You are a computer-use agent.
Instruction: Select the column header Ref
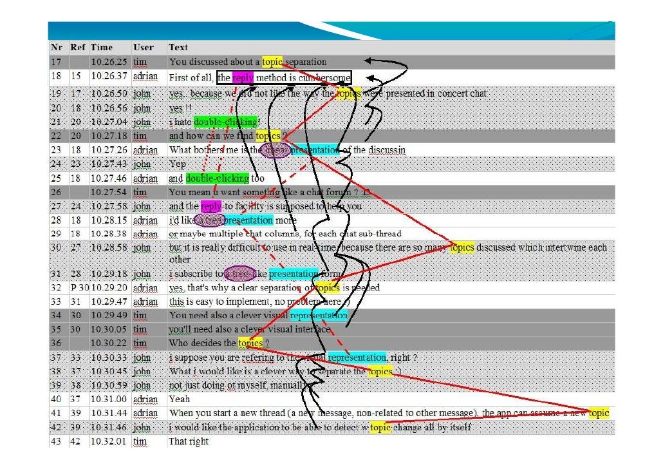[77, 48]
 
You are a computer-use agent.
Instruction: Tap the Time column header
[102, 48]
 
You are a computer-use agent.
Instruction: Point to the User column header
[143, 48]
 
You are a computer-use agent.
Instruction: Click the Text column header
[178, 48]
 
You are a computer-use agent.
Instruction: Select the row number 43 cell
[56, 442]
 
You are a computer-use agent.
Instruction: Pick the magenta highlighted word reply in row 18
[243, 78]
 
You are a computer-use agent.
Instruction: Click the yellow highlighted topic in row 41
[599, 413]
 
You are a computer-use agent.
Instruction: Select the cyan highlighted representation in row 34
[319, 316]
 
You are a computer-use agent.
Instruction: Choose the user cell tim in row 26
[140, 193]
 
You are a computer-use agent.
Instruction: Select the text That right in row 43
[189, 442]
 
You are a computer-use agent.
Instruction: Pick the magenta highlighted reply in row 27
[210, 207]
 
